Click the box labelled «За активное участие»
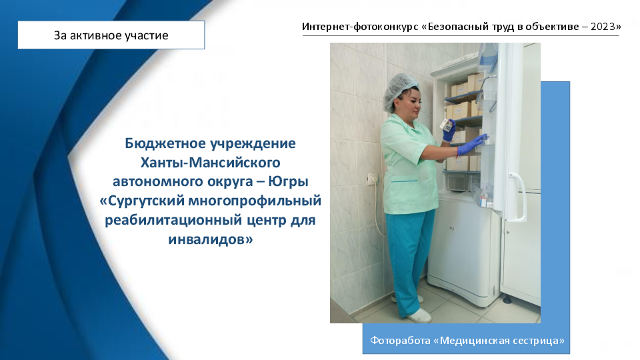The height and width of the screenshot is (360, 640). point(111,35)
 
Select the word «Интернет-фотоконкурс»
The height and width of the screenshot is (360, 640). point(360,27)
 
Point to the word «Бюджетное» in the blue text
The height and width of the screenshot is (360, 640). point(165,143)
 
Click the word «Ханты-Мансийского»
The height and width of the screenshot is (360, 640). point(210,163)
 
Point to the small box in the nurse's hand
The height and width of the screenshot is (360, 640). point(447,125)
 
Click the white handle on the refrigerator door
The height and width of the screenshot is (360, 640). point(519,196)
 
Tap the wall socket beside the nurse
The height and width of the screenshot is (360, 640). point(372,179)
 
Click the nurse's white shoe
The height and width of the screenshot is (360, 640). point(419,315)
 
